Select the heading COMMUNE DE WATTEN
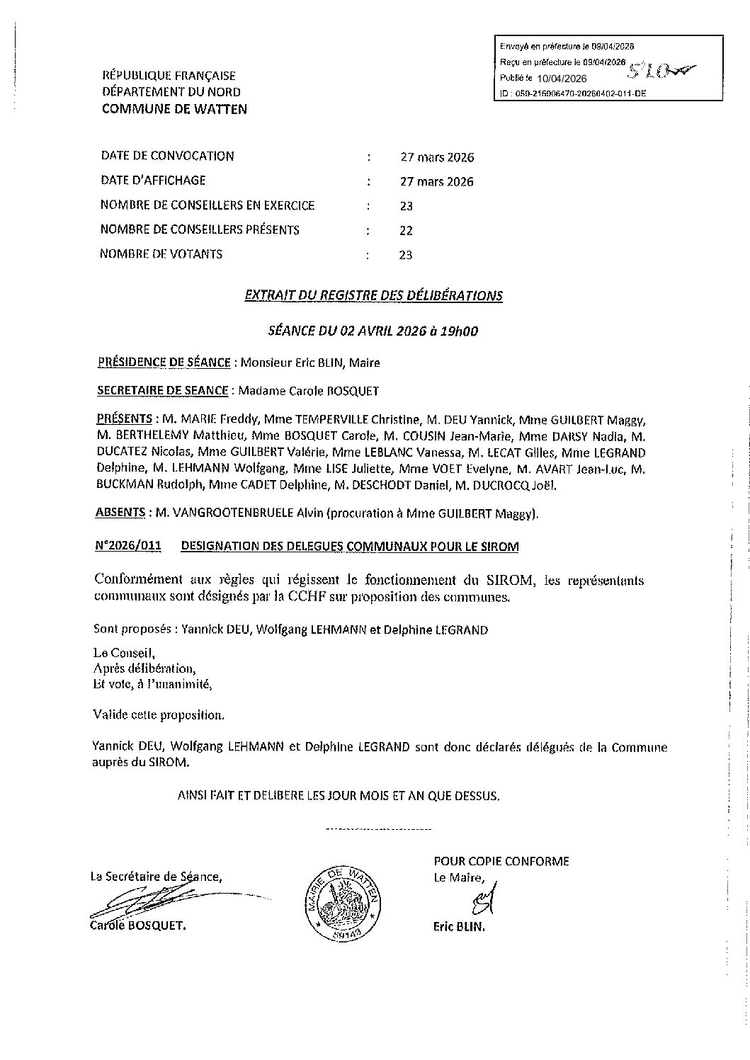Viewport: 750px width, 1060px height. coord(175,109)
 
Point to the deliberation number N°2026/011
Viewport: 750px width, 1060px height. coord(127,546)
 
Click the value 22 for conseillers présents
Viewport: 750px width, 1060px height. coord(406,231)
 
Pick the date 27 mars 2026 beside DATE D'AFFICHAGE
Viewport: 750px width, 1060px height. coord(436,181)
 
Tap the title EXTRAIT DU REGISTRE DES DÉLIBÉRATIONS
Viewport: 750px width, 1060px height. coord(373,296)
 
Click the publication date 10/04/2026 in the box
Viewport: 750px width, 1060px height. coord(562,79)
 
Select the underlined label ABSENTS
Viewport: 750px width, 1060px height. coord(120,513)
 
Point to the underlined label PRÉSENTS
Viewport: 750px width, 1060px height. coord(125,418)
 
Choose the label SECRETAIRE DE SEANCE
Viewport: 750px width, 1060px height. coord(162,390)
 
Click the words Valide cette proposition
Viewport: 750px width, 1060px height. coord(159,714)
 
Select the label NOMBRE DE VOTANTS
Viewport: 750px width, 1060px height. coord(161,254)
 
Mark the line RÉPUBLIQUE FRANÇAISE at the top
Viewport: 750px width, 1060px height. coord(169,76)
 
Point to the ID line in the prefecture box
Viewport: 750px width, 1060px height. coord(572,93)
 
